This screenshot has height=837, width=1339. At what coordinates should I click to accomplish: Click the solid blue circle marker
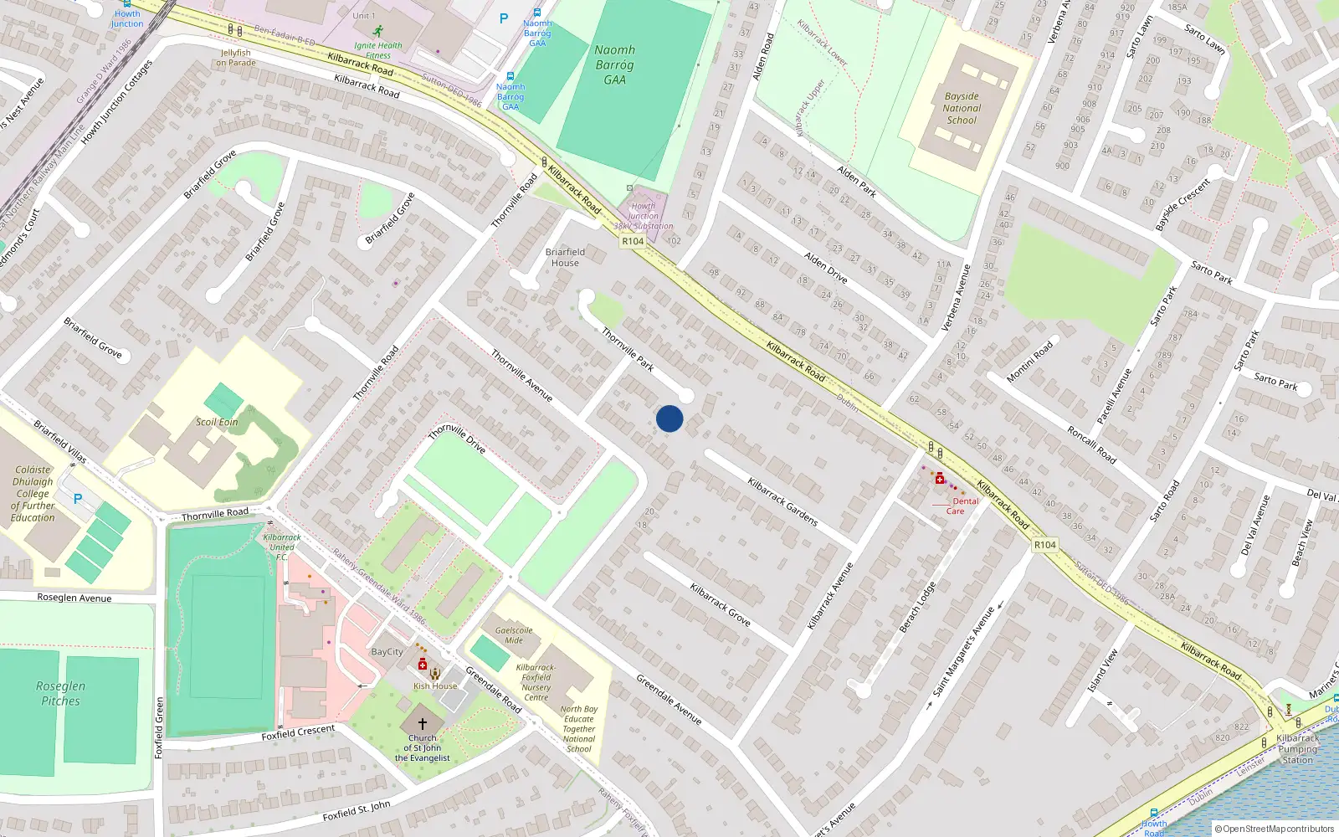[x=669, y=418]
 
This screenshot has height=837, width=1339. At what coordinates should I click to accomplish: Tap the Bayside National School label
[x=962, y=108]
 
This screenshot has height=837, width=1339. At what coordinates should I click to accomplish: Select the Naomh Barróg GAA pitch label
[x=614, y=65]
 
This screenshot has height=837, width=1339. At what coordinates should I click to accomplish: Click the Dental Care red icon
[x=940, y=479]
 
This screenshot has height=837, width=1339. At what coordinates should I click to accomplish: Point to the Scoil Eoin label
[x=217, y=422]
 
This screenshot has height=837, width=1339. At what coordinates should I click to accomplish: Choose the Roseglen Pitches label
[x=60, y=693]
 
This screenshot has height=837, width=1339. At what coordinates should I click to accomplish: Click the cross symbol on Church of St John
[x=422, y=723]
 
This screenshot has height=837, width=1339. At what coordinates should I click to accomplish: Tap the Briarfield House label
[x=565, y=257]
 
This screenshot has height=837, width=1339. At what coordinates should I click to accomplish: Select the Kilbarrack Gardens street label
[x=782, y=501]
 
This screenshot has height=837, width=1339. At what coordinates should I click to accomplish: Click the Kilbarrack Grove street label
[x=720, y=604]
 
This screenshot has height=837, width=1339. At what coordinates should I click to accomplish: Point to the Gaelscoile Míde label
[x=514, y=635]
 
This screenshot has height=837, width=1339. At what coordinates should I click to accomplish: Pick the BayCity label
[x=387, y=651]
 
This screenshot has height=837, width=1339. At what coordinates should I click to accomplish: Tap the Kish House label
[x=435, y=686]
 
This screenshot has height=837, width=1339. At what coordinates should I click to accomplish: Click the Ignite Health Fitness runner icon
[x=377, y=31]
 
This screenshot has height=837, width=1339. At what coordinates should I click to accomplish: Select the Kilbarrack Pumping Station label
[x=1298, y=749]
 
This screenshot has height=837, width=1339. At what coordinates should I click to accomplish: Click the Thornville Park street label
[x=628, y=349]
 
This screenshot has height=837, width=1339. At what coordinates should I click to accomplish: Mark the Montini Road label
[x=1030, y=362]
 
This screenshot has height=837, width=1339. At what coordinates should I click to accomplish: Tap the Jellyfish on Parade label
[x=236, y=58]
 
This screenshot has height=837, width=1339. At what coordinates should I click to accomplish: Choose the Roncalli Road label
[x=1091, y=444]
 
